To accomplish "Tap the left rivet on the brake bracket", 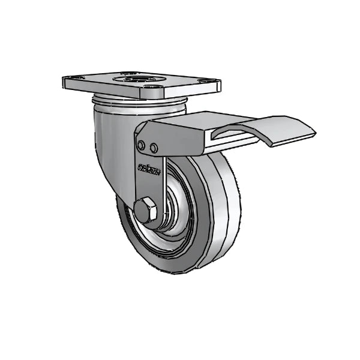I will click(141, 145).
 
